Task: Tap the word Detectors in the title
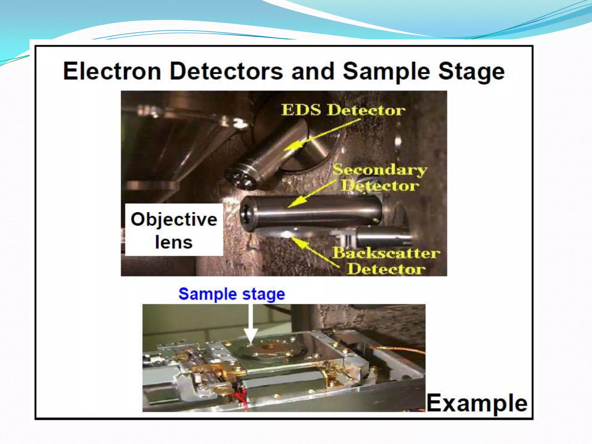(226, 71)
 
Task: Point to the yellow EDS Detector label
(343, 110)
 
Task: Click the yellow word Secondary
(380, 169)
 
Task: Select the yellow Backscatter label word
(386, 253)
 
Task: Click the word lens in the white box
(174, 242)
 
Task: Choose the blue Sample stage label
(232, 294)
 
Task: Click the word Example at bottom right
(477, 403)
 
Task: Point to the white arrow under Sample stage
(251, 324)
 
